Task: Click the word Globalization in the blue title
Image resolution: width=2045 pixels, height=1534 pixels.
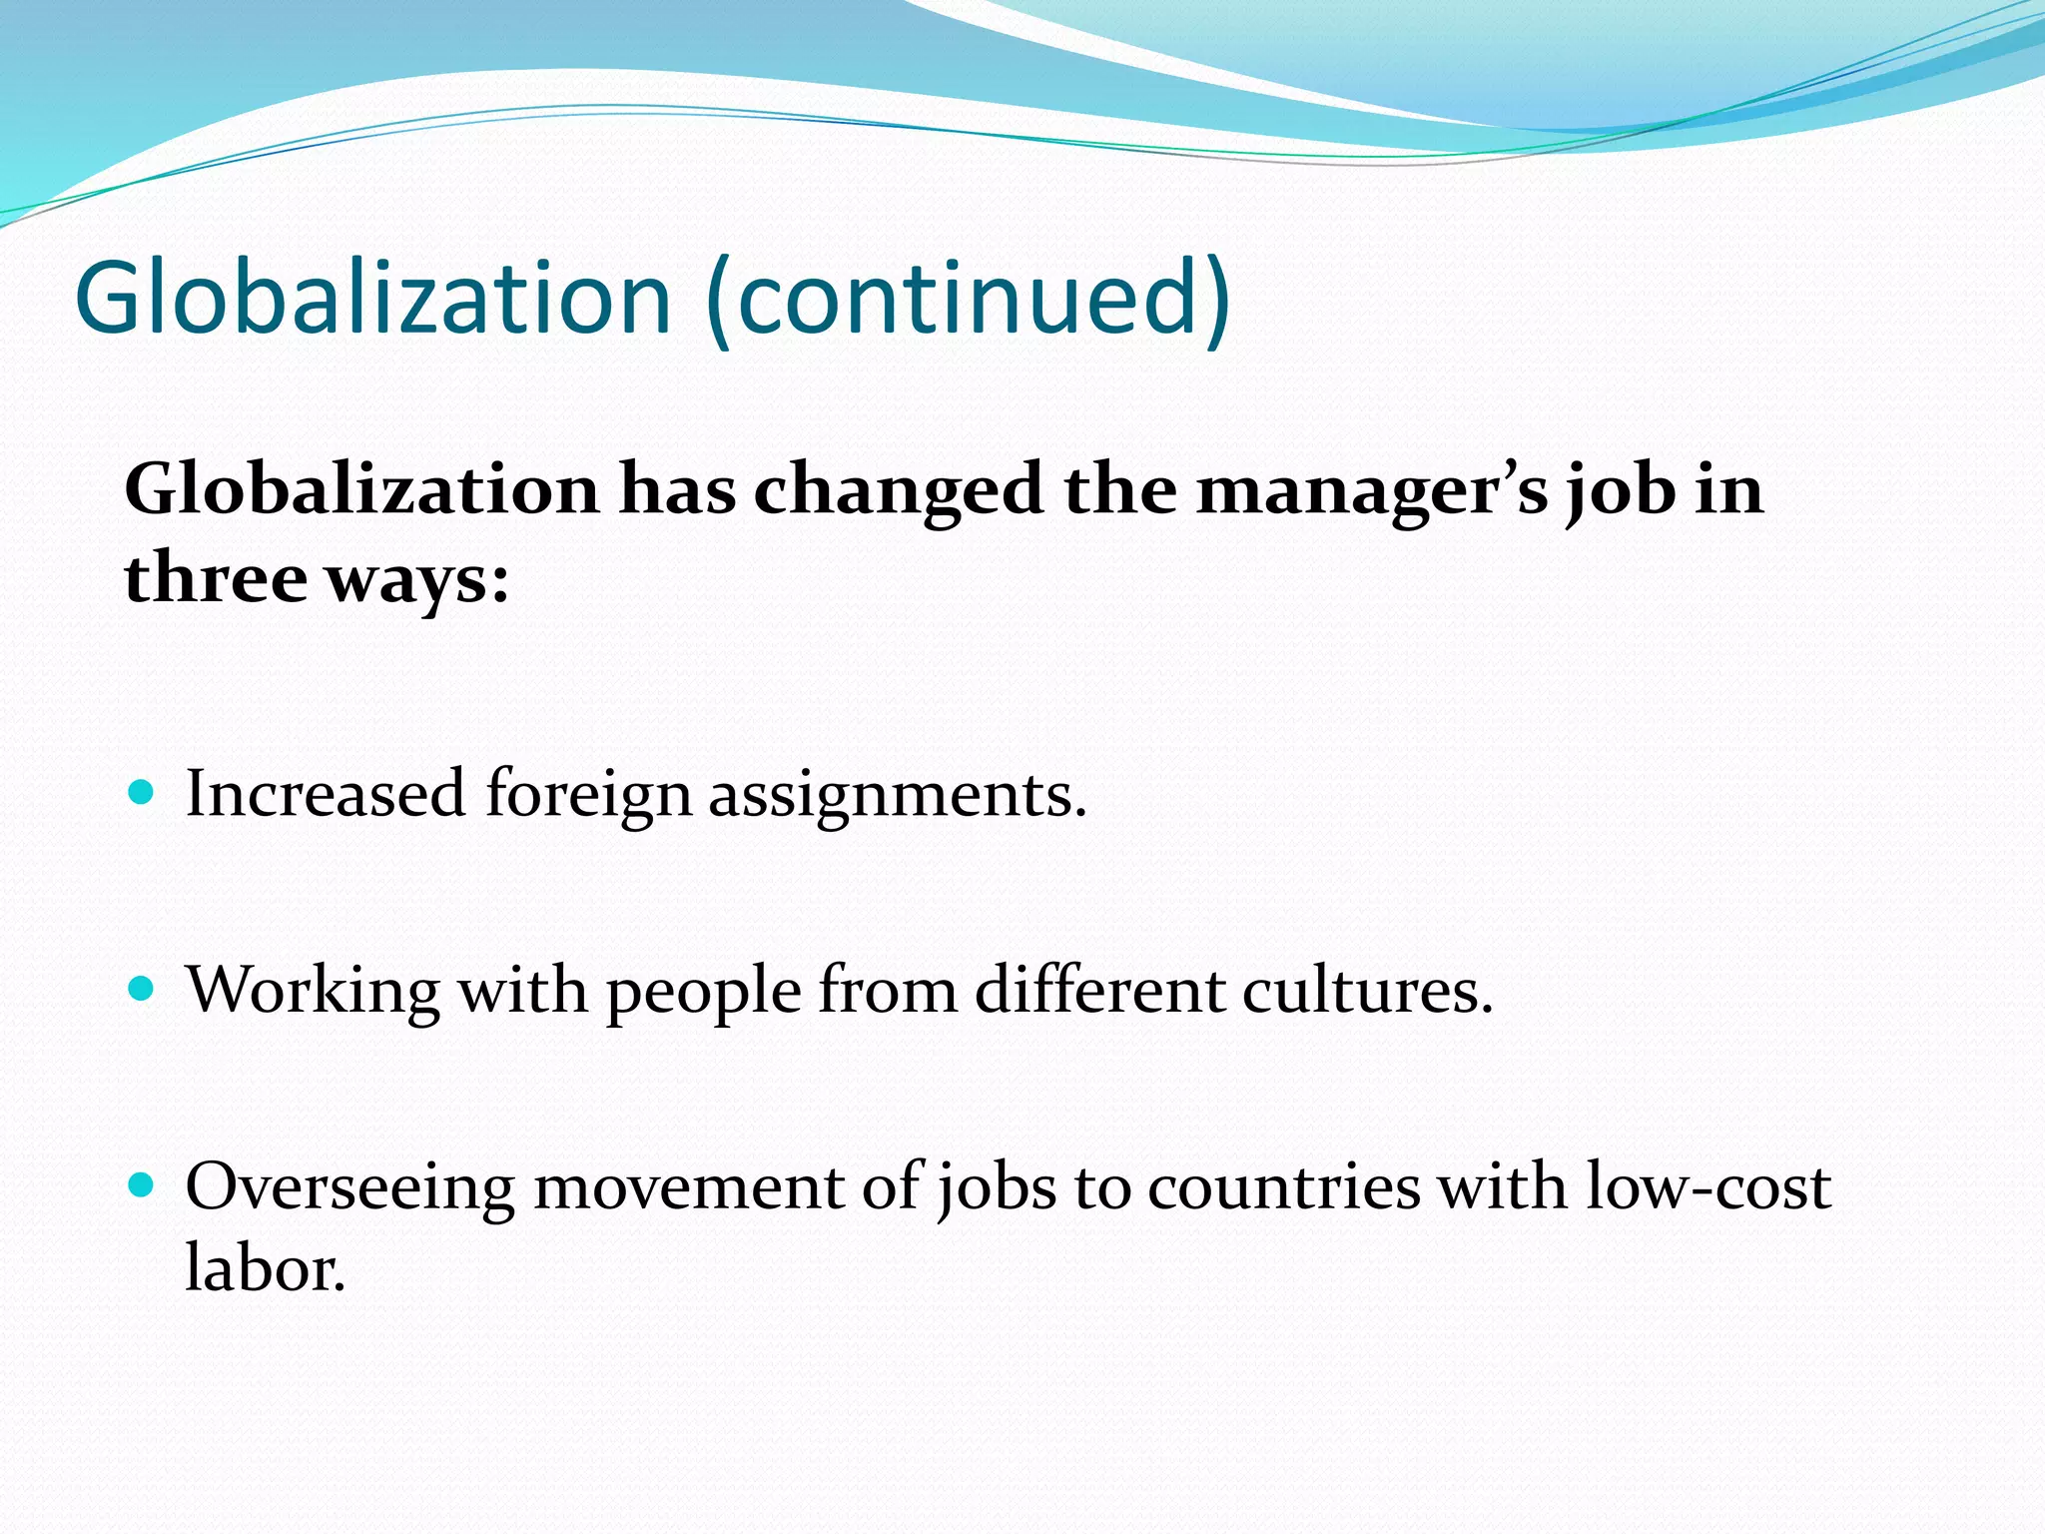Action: (x=372, y=298)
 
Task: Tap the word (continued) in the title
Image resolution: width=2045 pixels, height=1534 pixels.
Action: (x=968, y=298)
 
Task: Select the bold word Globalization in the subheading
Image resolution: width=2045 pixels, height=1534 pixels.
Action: (x=361, y=489)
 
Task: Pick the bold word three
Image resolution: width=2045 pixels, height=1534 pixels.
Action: (x=215, y=578)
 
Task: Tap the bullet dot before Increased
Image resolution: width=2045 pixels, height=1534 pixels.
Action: (x=142, y=794)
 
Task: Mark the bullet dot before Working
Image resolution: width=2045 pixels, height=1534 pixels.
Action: (x=142, y=990)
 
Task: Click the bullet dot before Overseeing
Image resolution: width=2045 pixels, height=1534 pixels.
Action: (x=142, y=1186)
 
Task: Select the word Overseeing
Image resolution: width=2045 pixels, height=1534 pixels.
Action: (x=350, y=1188)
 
